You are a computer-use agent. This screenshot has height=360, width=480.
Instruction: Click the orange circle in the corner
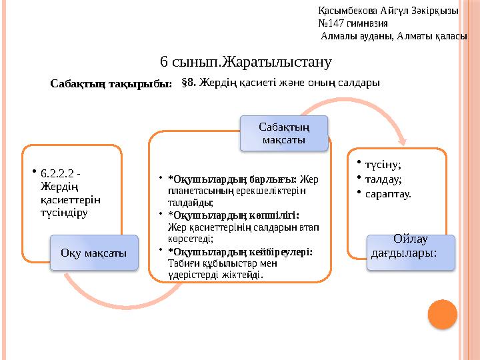[x=441, y=313]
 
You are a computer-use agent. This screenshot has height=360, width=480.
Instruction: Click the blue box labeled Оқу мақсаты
[x=94, y=253]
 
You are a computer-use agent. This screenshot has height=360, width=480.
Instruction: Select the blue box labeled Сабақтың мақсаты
[x=285, y=134]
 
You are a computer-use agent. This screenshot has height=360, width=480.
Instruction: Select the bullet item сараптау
[x=387, y=194]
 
